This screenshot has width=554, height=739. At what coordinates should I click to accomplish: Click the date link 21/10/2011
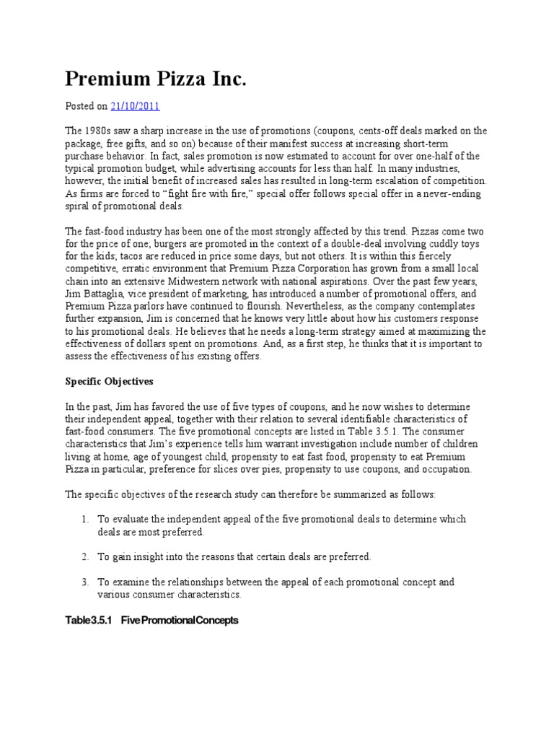click(135, 106)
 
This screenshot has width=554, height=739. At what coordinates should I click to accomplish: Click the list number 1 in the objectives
click(84, 519)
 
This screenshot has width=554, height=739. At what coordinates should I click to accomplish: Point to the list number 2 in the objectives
click(84, 556)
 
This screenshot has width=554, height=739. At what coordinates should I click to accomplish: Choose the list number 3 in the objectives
click(84, 582)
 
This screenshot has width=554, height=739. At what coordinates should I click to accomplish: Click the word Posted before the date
click(80, 106)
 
